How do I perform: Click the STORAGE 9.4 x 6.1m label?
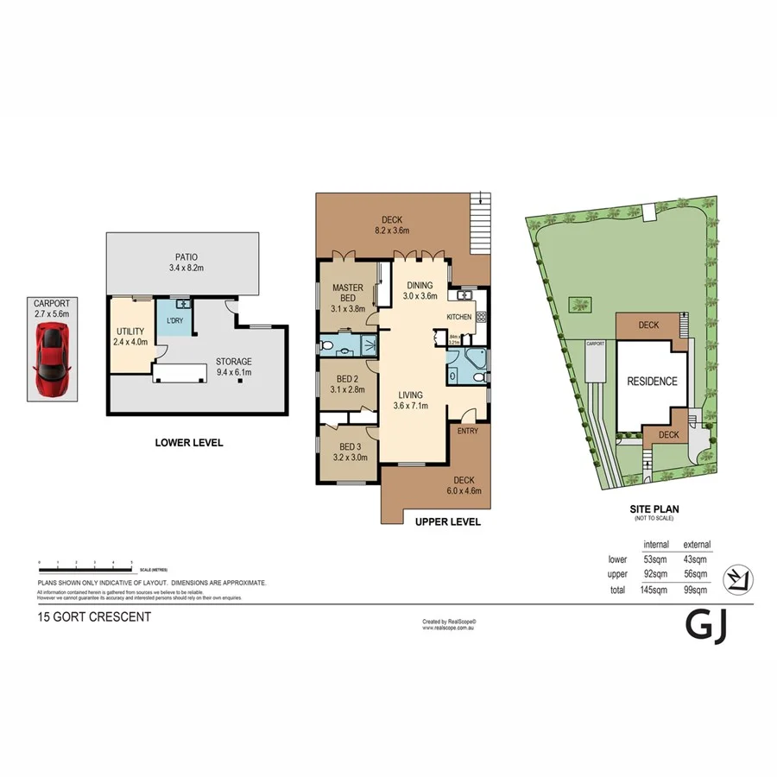(234, 367)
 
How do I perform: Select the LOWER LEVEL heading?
(189, 443)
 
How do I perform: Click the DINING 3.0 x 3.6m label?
(421, 291)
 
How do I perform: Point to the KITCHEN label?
(458, 317)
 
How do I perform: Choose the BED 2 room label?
(347, 384)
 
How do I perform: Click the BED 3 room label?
(349, 452)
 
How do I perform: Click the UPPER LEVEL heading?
(448, 522)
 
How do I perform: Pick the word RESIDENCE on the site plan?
(652, 382)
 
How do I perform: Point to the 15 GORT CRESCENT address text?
(95, 617)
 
